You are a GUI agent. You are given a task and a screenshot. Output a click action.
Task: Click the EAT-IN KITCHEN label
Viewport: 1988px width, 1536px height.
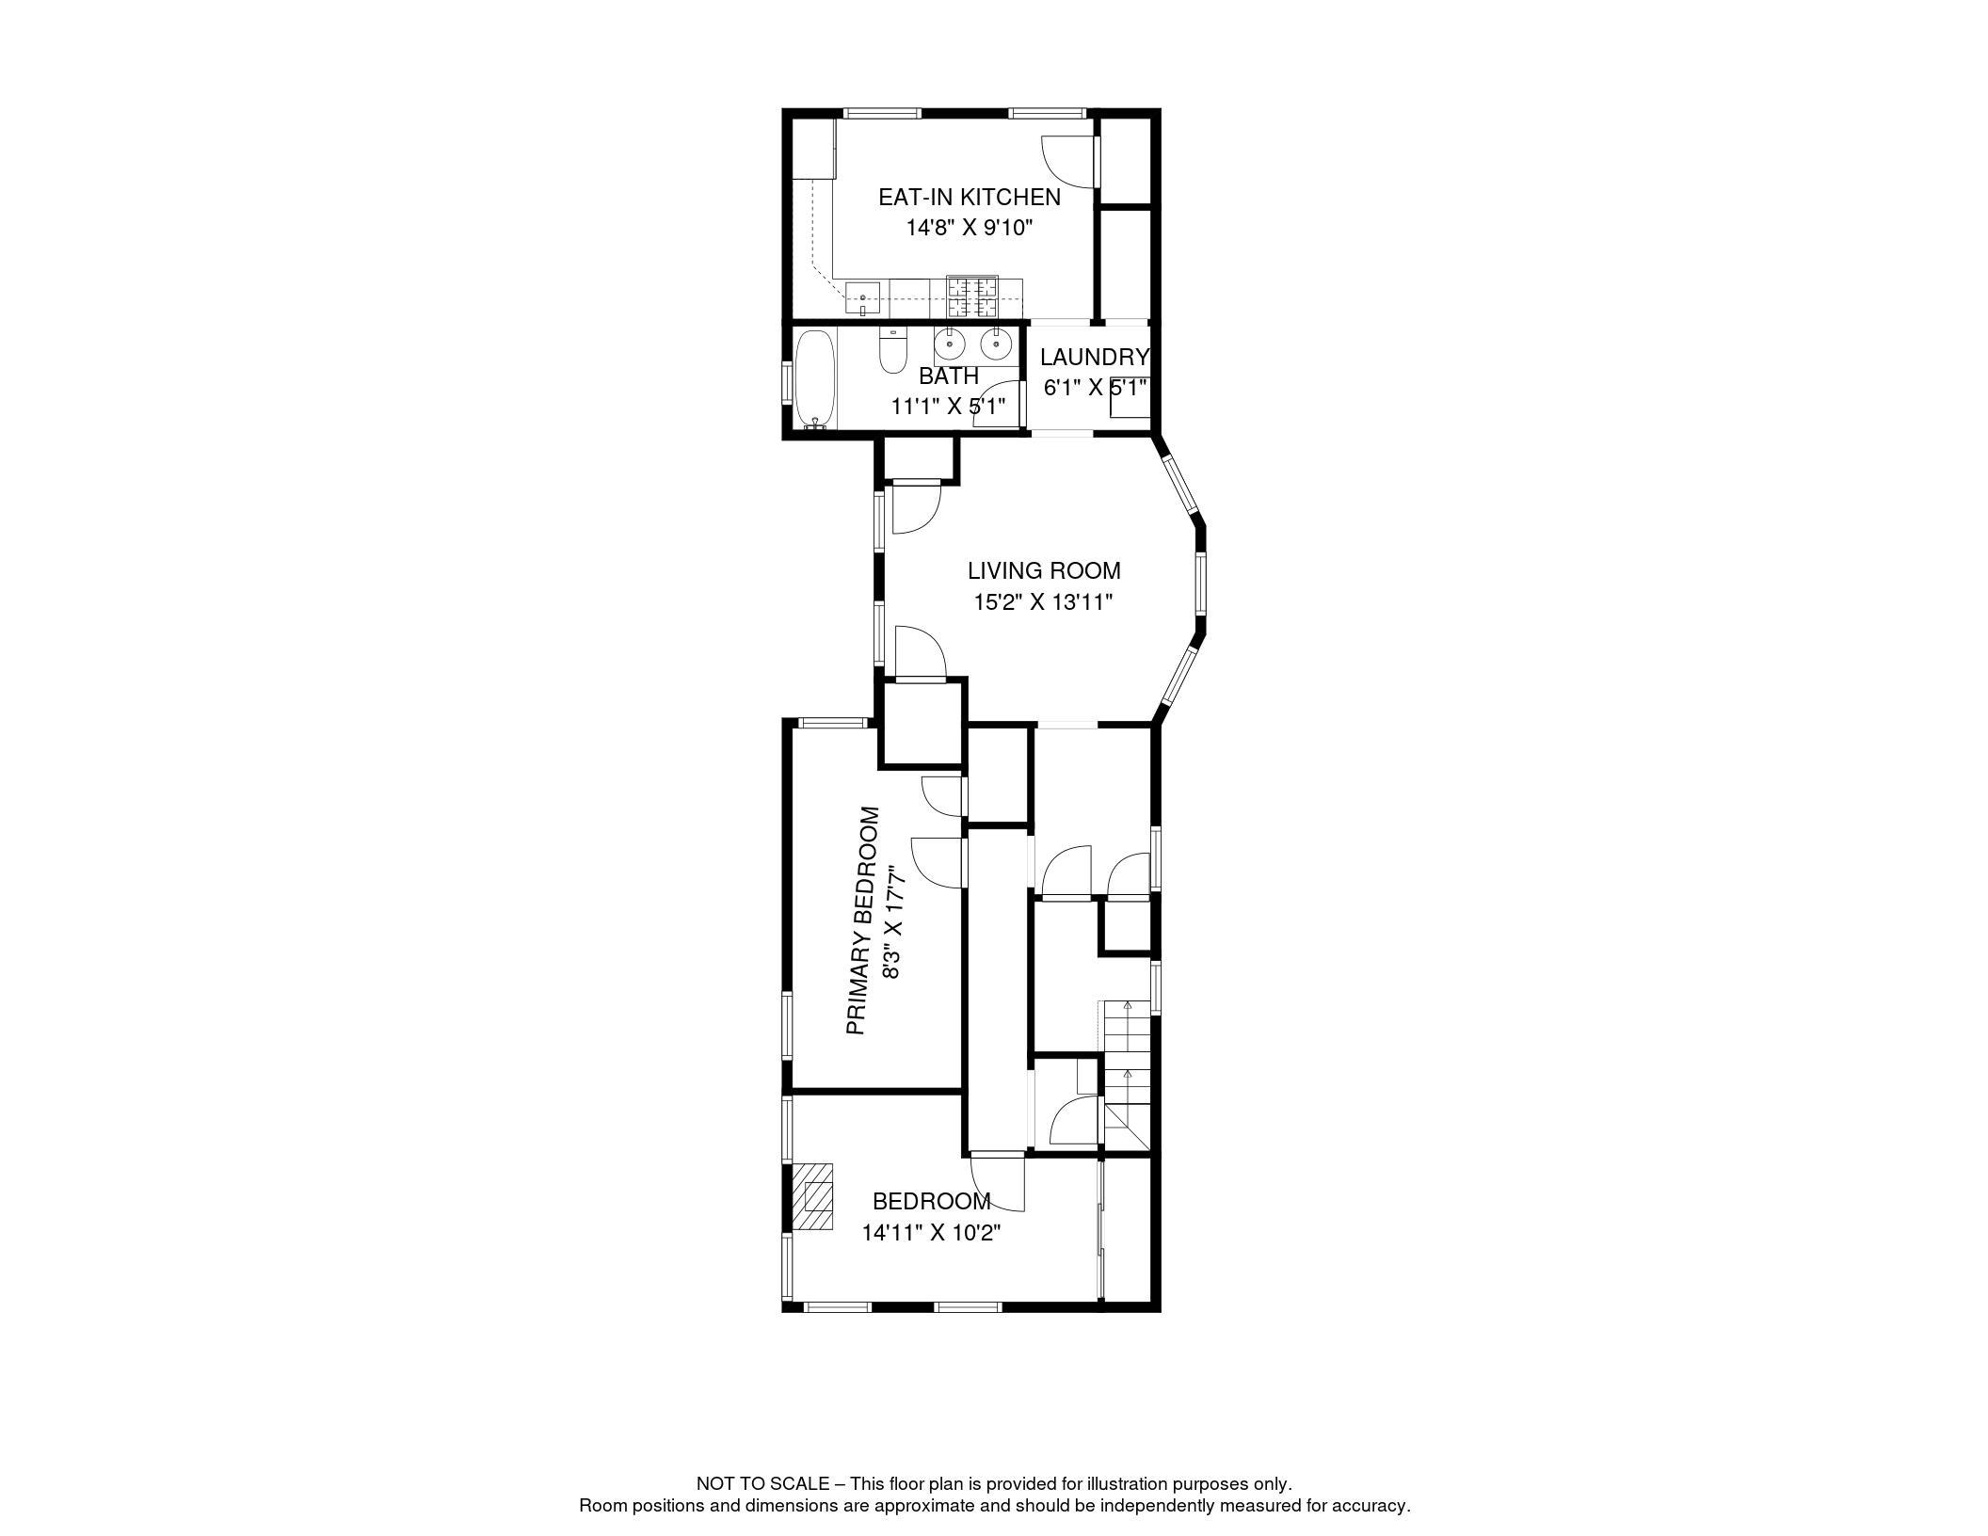[969, 198]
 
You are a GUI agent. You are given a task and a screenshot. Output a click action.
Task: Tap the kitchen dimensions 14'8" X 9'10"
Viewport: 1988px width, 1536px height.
[970, 228]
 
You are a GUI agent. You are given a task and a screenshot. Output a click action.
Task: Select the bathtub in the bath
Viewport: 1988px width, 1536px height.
[814, 379]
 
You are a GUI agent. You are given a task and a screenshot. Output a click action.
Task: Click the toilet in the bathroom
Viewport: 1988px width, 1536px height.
[891, 350]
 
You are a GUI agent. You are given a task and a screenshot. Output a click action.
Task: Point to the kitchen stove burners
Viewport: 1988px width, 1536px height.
[972, 296]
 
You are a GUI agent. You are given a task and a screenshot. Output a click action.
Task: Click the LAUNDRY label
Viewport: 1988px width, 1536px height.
[1095, 358]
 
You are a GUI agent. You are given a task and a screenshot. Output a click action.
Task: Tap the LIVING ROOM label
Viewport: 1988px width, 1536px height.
[1044, 570]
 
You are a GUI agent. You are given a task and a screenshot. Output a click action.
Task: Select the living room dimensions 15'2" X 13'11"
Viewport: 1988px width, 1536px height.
[1043, 601]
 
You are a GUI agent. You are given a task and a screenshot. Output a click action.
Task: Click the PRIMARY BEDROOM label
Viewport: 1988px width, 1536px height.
[863, 920]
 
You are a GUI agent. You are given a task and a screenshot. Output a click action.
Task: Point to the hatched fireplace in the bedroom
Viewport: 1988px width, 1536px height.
[812, 1196]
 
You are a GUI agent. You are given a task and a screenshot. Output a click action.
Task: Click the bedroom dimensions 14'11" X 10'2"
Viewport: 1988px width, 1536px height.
[931, 1232]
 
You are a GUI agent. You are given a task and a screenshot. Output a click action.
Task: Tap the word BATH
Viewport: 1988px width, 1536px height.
[949, 376]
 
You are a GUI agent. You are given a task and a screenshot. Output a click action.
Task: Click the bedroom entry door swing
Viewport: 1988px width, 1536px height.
[997, 1182]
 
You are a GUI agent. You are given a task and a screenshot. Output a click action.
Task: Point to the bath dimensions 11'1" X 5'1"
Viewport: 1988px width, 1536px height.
[949, 407]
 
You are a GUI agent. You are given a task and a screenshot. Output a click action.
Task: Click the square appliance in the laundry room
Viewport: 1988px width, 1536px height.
[1130, 397]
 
